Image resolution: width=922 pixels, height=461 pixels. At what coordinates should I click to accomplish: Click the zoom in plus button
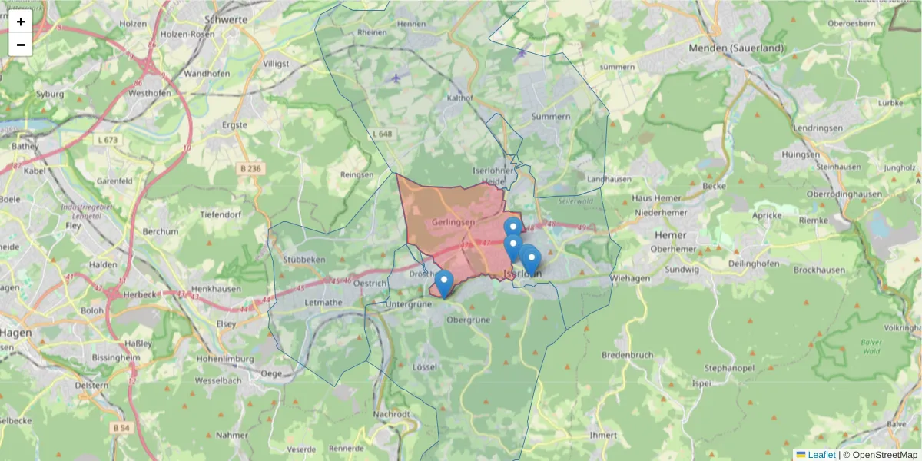21,22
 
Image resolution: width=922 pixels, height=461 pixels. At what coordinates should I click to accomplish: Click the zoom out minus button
21,45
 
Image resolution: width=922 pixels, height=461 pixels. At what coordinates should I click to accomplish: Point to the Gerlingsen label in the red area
453,222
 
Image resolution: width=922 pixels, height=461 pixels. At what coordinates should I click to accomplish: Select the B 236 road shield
250,169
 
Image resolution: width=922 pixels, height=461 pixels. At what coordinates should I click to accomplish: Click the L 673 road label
108,140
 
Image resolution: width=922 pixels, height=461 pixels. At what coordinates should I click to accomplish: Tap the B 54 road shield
121,427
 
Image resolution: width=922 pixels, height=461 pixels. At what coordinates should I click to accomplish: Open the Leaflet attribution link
821,455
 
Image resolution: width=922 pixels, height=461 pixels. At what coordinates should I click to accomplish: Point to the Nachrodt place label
390,414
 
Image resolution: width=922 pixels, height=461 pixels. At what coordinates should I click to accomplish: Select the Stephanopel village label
721,368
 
